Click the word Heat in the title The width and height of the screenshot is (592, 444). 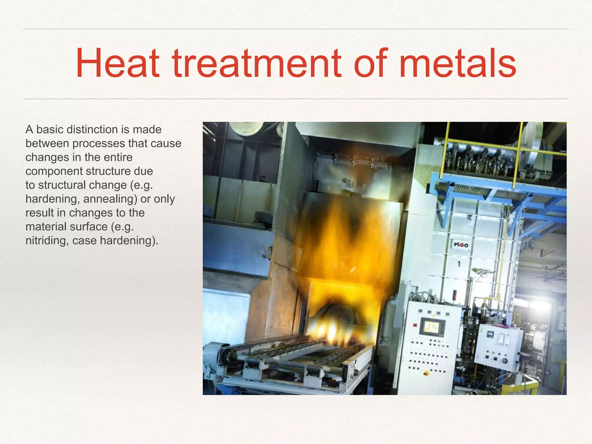pos(117,64)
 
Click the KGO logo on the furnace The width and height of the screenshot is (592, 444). pos(461,245)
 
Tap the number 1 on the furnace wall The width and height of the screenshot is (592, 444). pos(459,264)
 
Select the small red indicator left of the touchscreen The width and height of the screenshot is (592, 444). pos(415,325)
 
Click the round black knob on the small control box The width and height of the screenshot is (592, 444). pos(505,361)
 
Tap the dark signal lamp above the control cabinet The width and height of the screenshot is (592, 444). pos(454,295)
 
